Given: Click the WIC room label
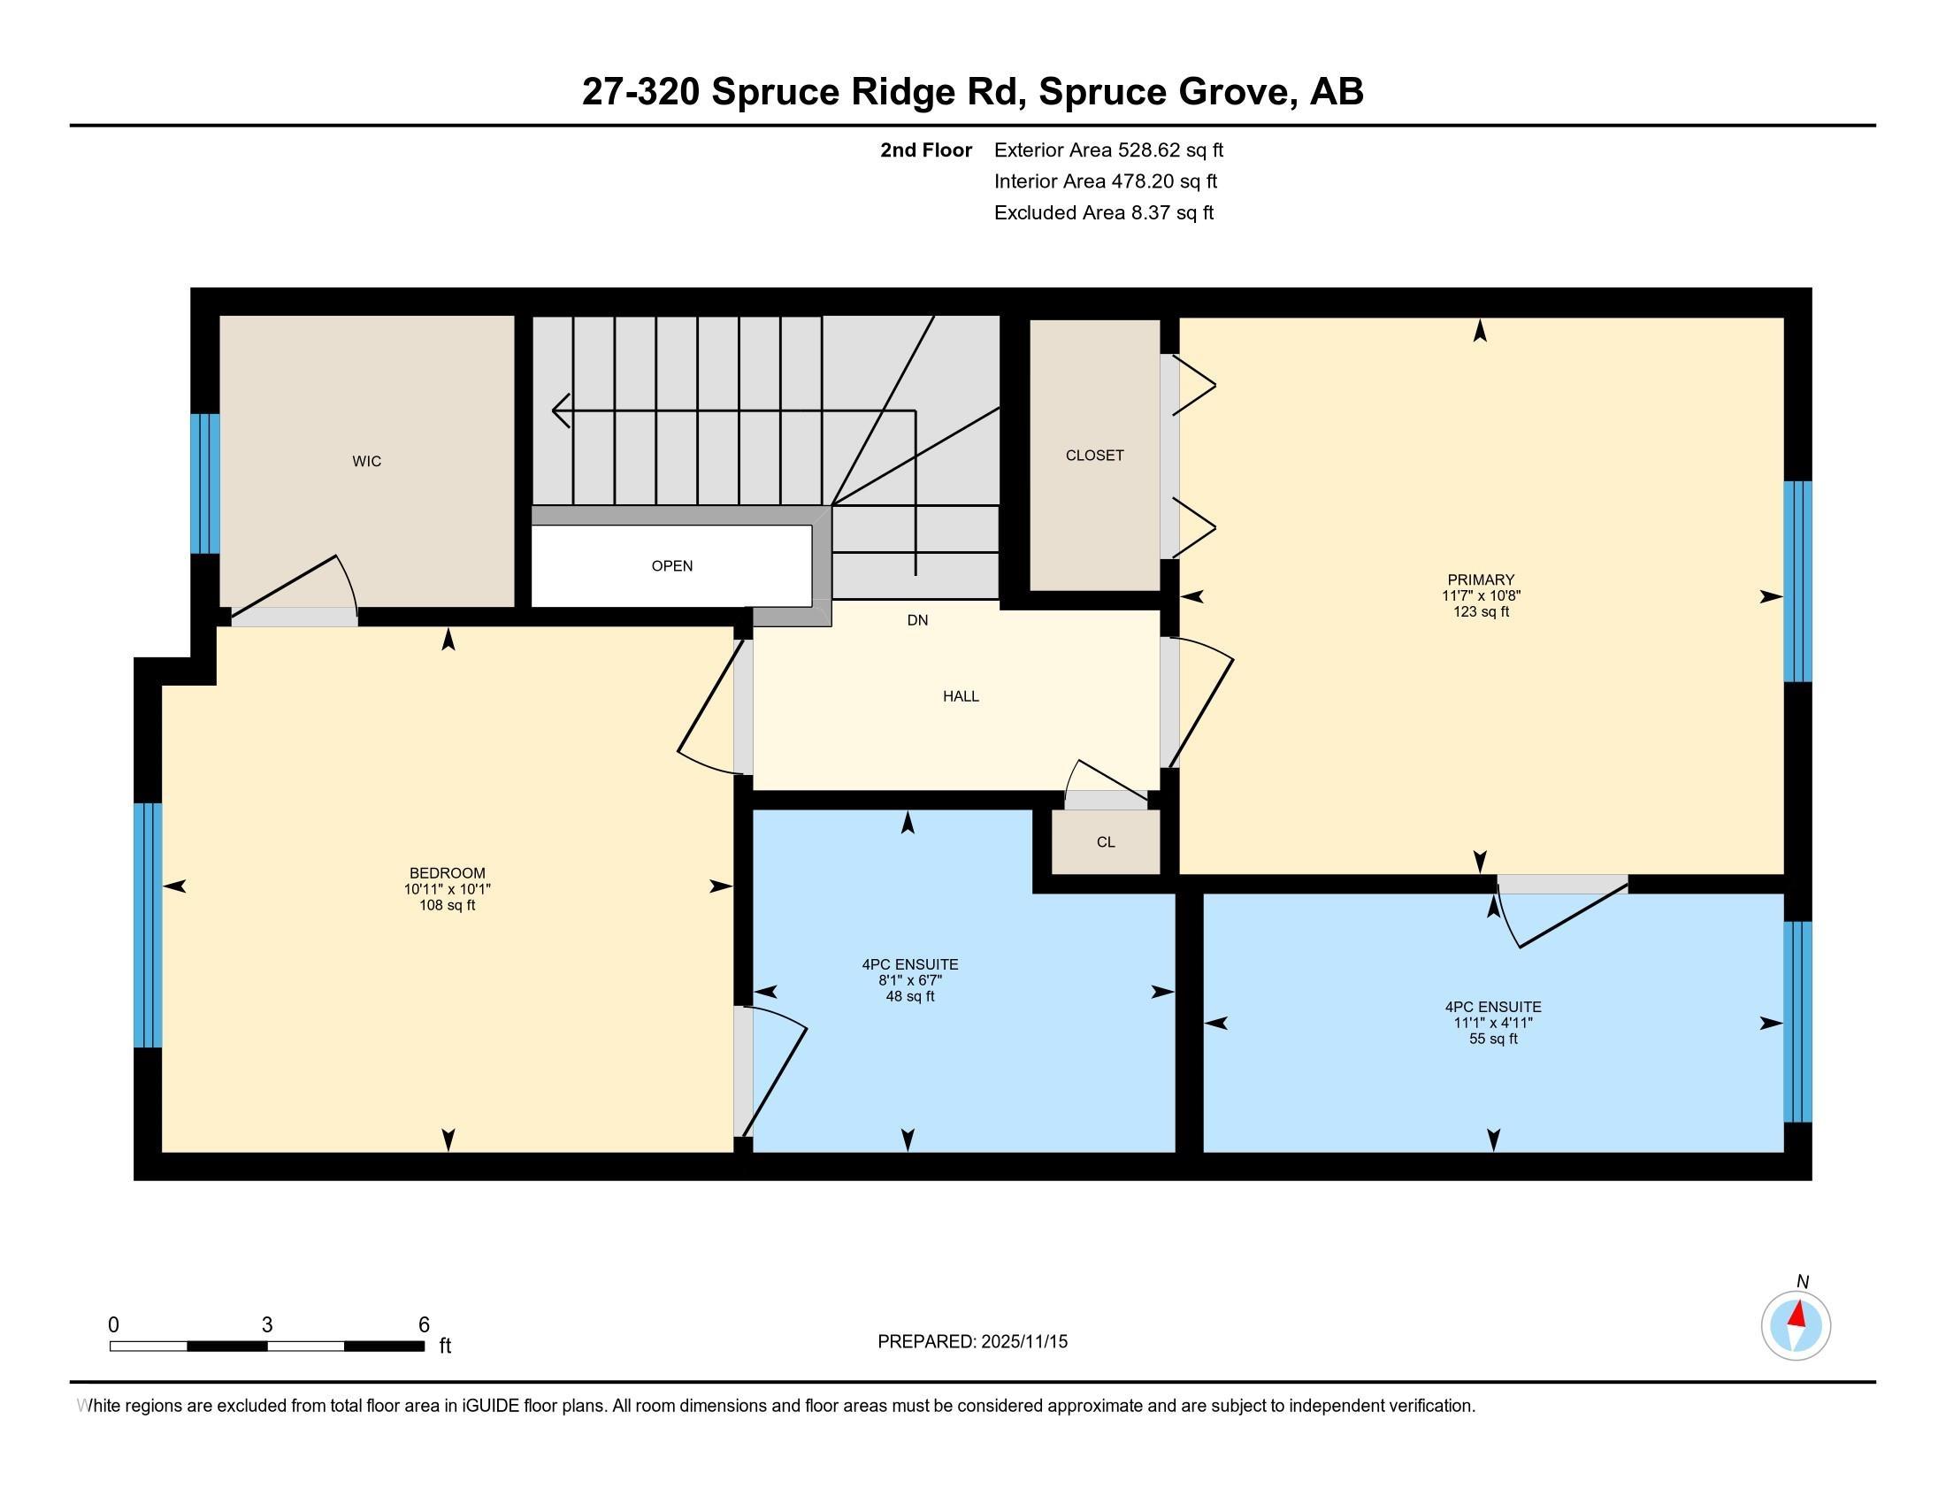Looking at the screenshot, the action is coord(366,462).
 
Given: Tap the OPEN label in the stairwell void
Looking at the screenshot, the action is coord(672,566).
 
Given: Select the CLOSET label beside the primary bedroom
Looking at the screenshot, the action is coord(1094,456).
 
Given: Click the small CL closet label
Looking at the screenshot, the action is coord(1106,842).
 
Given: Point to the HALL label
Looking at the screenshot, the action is coord(961,697).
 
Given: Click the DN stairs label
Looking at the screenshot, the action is coord(918,620).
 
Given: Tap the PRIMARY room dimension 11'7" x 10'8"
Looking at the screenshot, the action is coord(1481,596).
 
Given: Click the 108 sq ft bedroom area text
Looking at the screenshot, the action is coord(448,905).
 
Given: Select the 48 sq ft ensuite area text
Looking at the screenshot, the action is coord(909,996).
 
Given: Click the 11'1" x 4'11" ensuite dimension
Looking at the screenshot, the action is coord(1493,1023).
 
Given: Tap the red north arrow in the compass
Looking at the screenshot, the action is coord(1798,1315).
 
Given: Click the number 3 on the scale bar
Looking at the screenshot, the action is coord(267,1325).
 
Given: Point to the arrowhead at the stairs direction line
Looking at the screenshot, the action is coord(561,411).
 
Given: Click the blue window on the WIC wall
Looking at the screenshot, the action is coord(205,484).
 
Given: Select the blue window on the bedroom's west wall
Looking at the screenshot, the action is coord(148,925).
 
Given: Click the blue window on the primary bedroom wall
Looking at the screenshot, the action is coord(1798,581).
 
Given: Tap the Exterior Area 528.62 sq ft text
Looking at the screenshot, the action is coord(1108,150).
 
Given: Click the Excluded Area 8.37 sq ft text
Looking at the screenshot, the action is coord(1104,212).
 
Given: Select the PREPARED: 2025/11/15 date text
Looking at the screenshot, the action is coord(972,1342).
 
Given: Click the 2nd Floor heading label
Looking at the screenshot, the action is coord(926,150).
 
